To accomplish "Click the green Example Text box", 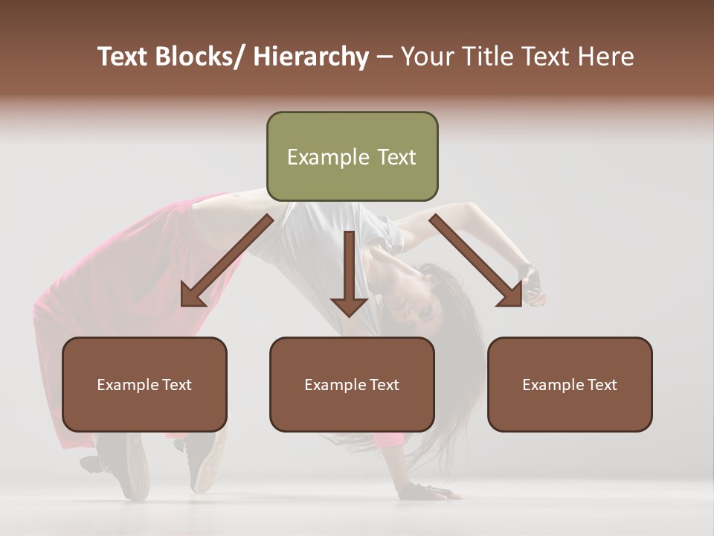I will (x=352, y=156).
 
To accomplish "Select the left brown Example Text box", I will (x=144, y=384).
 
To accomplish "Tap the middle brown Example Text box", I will (x=352, y=384).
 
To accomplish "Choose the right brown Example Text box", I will (x=570, y=384).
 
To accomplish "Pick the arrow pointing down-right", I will (x=476, y=261).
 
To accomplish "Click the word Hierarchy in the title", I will (x=311, y=57).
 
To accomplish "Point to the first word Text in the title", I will (x=123, y=57).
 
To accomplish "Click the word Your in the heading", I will (x=427, y=57).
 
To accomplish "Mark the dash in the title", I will (x=385, y=57).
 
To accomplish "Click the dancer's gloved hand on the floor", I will (x=424, y=491).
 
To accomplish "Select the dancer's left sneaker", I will (x=123, y=465).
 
